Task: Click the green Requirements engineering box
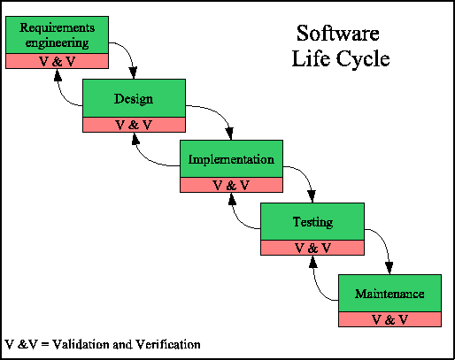(57, 34)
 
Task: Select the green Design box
(133, 97)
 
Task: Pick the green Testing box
(312, 221)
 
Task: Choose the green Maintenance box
(389, 293)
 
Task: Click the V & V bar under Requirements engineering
(57, 61)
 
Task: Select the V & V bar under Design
(133, 125)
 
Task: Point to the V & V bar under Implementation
(230, 186)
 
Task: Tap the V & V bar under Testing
(312, 248)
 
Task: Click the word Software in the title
(337, 35)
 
